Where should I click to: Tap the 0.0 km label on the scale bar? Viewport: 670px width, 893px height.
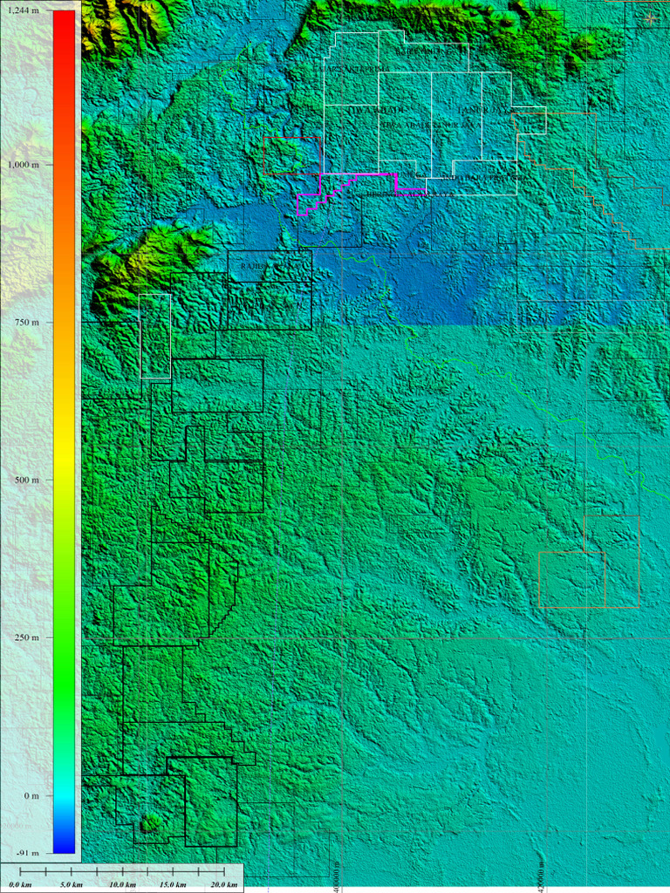[20, 885]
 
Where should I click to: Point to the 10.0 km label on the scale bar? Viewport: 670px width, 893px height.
[120, 885]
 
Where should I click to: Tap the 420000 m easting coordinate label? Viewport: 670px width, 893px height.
[542, 873]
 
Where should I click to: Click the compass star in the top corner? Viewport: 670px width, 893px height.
[651, 17]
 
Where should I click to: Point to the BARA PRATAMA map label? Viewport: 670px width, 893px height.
[491, 178]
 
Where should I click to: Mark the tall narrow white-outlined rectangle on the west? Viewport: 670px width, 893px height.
[155, 336]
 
